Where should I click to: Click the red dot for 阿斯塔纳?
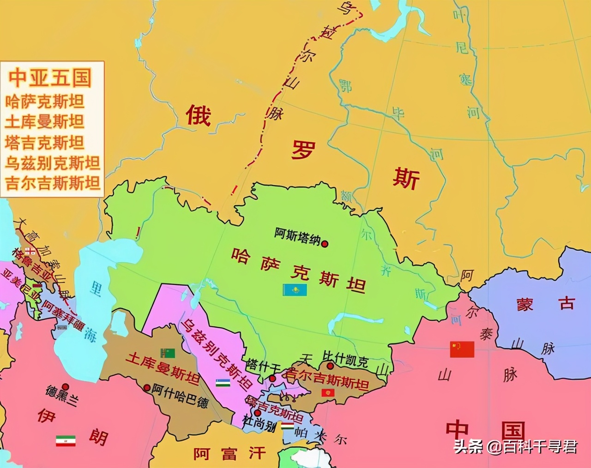tap(325, 244)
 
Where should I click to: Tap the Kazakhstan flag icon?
tap(295, 290)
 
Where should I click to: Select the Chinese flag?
tap(462, 349)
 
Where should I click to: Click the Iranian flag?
tap(65, 440)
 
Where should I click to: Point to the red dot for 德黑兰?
tap(65, 387)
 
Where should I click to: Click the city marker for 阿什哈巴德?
tap(147, 388)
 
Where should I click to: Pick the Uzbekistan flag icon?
tap(223, 383)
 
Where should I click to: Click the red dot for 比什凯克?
tap(330, 366)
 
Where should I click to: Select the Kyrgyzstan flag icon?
tap(328, 393)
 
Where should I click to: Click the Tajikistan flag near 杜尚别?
tap(288, 426)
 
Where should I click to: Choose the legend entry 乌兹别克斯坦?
tap(52, 163)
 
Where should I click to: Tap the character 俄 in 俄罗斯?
tap(199, 115)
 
